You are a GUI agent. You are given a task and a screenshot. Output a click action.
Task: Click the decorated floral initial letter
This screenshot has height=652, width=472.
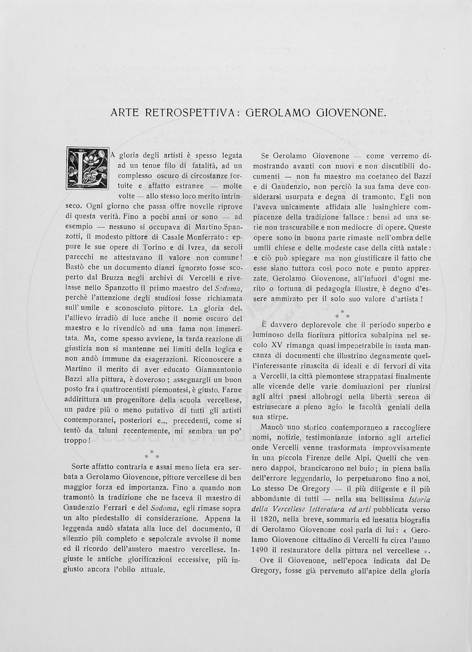click(87, 168)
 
